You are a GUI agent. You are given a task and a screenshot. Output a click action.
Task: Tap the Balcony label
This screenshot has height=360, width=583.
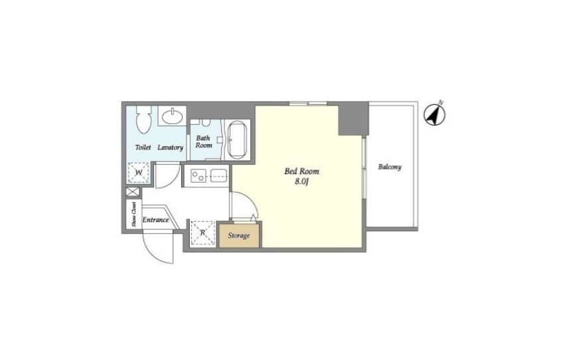pos(390,167)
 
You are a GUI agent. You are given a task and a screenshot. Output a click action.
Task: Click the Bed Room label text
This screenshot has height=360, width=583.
pos(301,171)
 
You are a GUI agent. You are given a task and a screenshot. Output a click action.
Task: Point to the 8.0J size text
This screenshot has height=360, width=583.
pos(302,182)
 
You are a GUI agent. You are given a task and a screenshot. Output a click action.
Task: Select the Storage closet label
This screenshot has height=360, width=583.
pos(238,235)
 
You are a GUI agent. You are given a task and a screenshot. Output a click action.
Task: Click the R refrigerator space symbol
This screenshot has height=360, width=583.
pos(203,233)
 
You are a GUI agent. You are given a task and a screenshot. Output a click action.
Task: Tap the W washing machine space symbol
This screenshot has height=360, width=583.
pos(139,173)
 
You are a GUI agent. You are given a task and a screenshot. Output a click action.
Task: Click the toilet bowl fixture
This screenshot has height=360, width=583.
pos(143,120)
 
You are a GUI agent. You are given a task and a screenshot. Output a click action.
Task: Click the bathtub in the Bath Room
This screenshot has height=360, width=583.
pos(237,140)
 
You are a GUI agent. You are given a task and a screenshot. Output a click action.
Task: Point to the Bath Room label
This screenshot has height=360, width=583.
pos(204,141)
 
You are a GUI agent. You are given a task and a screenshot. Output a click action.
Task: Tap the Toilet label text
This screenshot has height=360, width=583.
pos(143,147)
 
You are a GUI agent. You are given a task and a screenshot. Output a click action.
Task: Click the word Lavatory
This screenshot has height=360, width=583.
pos(170,147)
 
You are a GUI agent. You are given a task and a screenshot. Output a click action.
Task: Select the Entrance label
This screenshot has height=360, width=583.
pos(156,220)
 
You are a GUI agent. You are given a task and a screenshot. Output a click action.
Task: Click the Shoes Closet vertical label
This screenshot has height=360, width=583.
pos(134,215)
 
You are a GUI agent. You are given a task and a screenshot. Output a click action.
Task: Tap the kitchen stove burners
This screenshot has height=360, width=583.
pos(198,175)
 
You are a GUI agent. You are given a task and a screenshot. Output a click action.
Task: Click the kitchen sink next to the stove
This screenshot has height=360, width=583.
pos(218,175)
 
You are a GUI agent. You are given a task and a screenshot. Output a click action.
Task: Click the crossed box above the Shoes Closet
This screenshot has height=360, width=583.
pos(132,192)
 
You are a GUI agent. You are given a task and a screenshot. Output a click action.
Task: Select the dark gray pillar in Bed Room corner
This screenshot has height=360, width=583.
pos(353,119)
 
